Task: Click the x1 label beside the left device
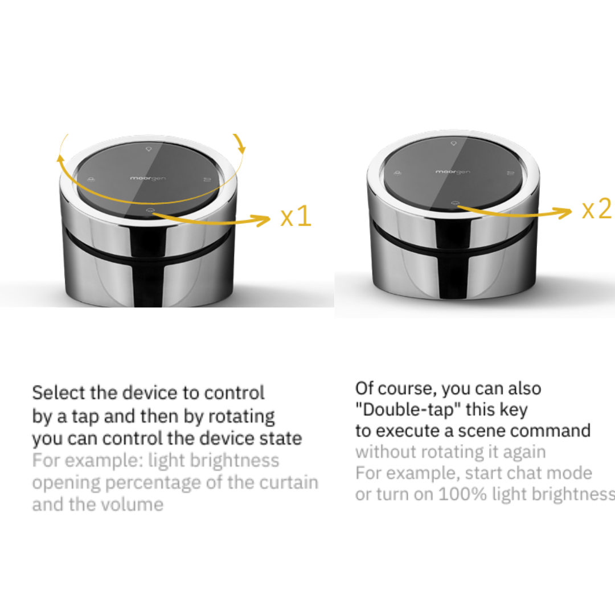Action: (x=296, y=216)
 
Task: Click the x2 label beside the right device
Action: (x=597, y=208)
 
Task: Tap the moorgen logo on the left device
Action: (x=148, y=178)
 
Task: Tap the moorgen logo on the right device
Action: (x=453, y=172)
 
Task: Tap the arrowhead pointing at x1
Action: (x=263, y=220)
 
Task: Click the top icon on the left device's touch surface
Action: (x=149, y=149)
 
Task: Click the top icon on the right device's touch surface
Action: (x=454, y=143)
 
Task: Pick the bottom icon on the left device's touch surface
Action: (x=149, y=211)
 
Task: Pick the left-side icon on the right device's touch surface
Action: (x=397, y=173)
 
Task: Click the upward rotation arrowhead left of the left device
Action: (x=60, y=158)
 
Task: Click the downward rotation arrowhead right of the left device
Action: (x=242, y=149)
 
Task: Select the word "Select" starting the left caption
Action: (x=59, y=393)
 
